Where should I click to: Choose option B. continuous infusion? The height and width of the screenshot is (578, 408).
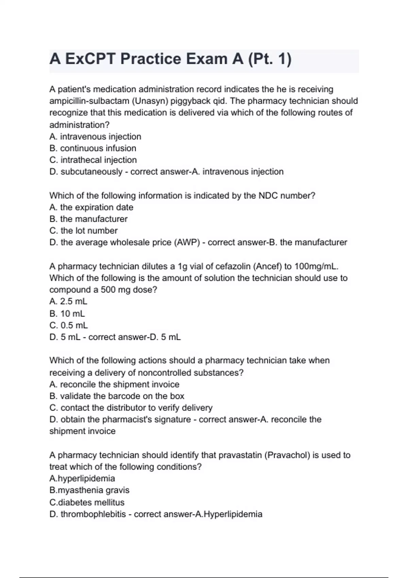click(93, 148)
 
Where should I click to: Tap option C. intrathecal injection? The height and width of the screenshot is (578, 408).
click(93, 160)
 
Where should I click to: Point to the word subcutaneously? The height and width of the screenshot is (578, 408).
click(91, 172)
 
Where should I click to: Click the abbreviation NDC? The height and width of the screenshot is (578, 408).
click(268, 195)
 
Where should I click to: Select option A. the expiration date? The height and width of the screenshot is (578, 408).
click(91, 207)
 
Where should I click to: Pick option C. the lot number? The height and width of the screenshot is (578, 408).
click(84, 231)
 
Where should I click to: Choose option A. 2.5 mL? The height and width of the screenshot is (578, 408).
click(68, 302)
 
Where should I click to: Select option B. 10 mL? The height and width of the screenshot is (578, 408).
click(67, 313)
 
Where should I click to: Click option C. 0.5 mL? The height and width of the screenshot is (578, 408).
click(69, 325)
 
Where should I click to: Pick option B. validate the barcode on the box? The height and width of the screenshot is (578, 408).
click(117, 396)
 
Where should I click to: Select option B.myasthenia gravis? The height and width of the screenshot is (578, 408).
click(89, 490)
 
